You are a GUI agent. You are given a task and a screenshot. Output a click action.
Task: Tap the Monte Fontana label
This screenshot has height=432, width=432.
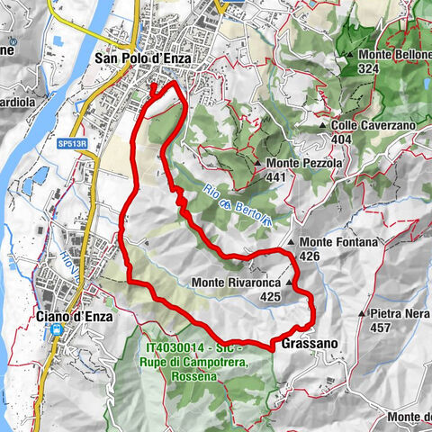[x=339, y=242]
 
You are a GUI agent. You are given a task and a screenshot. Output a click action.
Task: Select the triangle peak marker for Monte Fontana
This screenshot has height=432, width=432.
[x=292, y=242]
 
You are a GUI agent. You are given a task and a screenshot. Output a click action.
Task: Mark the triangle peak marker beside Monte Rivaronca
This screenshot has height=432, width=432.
[x=289, y=283]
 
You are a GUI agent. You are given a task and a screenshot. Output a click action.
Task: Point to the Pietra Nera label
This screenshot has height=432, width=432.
[x=400, y=314]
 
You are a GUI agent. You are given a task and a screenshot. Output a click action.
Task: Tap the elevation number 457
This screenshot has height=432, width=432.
[x=381, y=328]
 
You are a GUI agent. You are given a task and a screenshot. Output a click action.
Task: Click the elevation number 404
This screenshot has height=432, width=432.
[x=341, y=139]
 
